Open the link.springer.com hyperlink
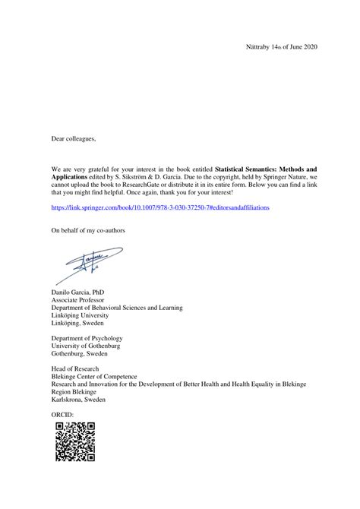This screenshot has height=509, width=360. coord(159,207)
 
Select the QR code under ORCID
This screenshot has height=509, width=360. coord(75,441)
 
